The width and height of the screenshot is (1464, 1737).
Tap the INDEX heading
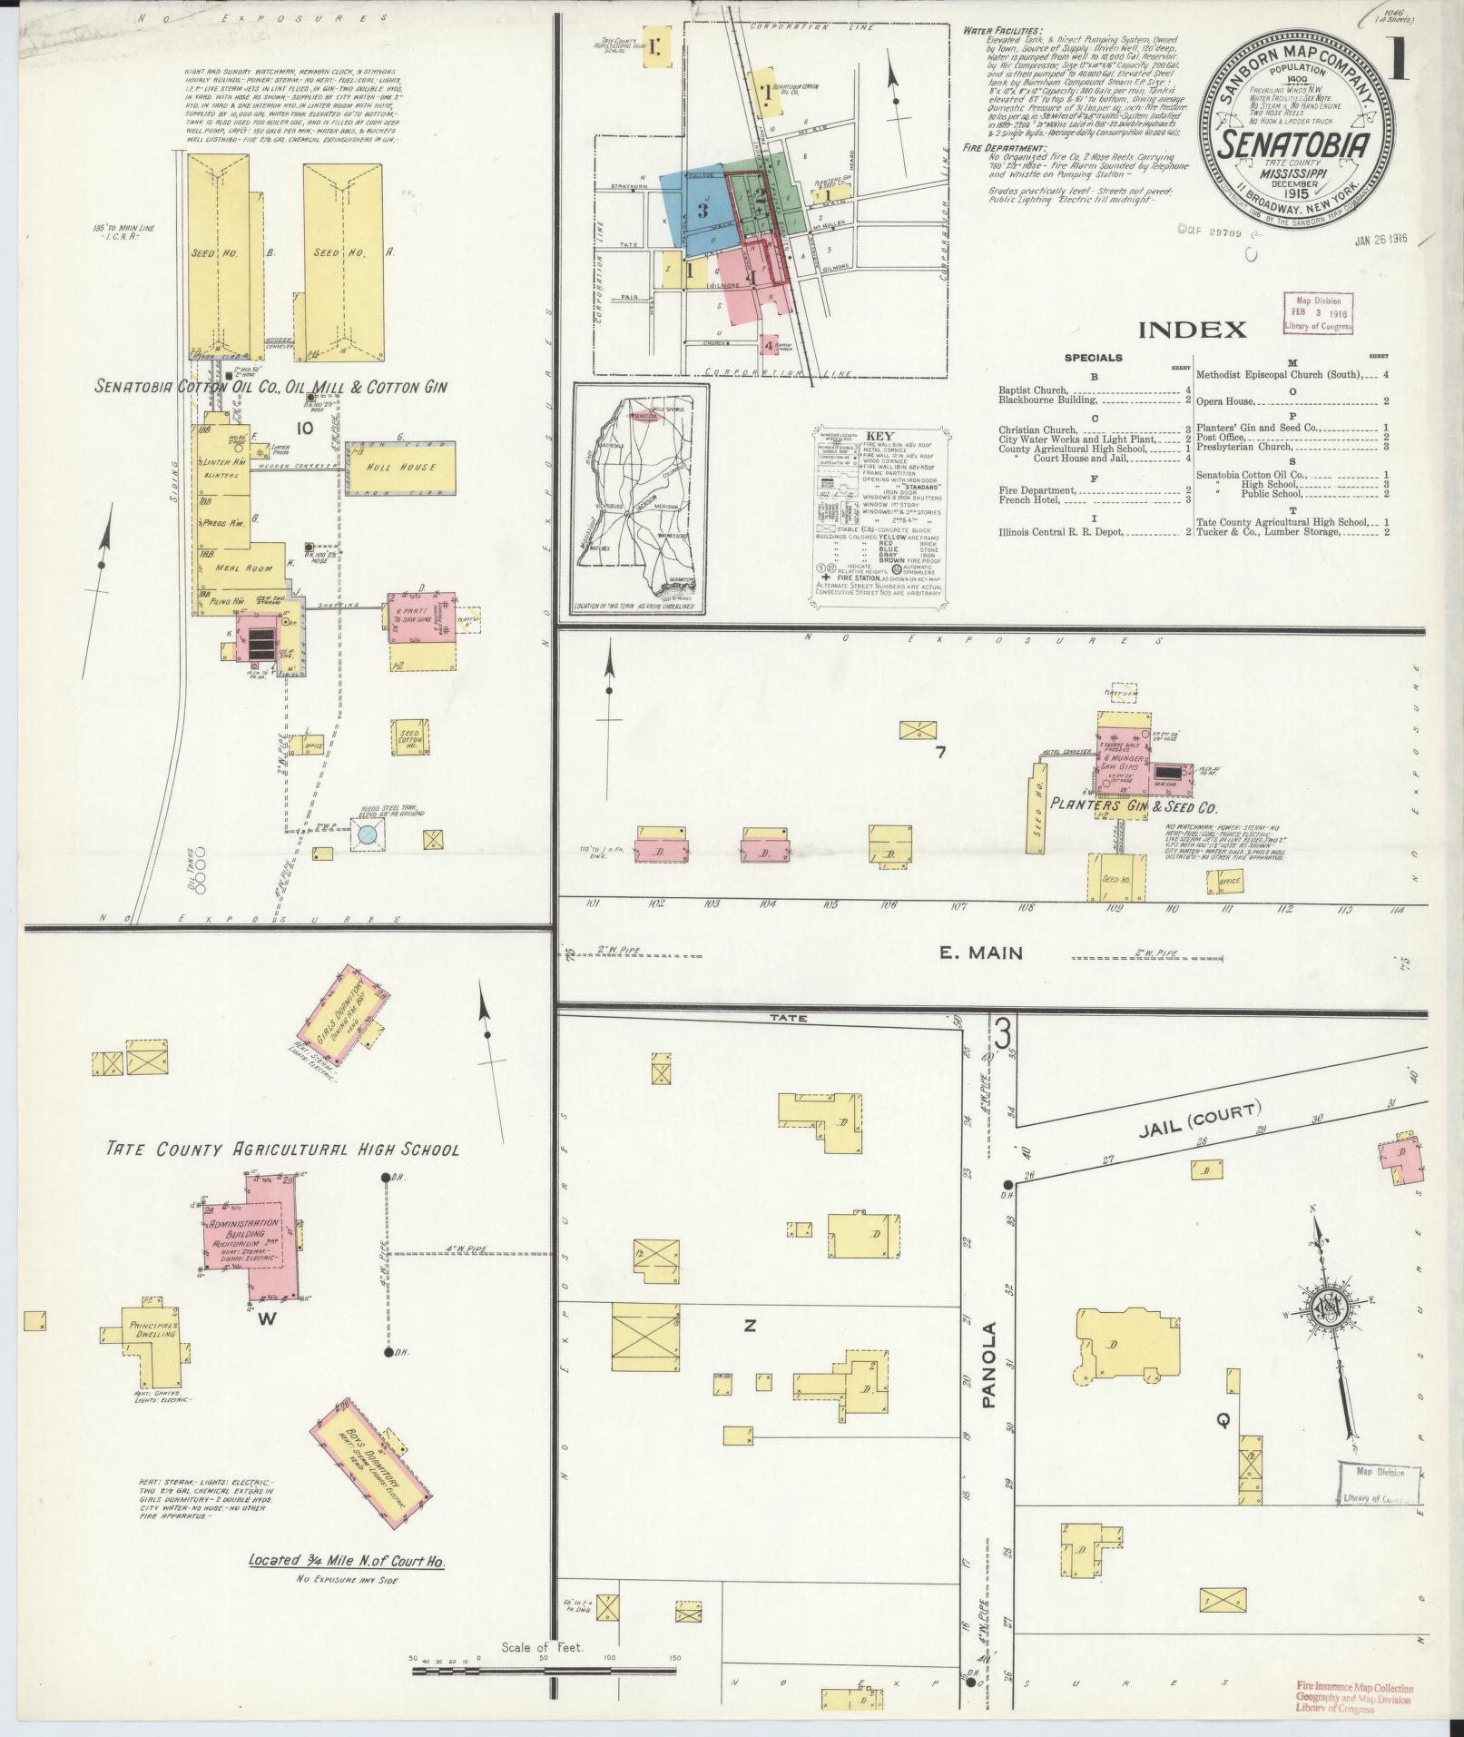tap(1192, 330)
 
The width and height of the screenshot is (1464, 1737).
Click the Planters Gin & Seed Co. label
tap(1133, 805)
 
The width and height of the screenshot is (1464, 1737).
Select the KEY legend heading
tap(879, 436)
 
